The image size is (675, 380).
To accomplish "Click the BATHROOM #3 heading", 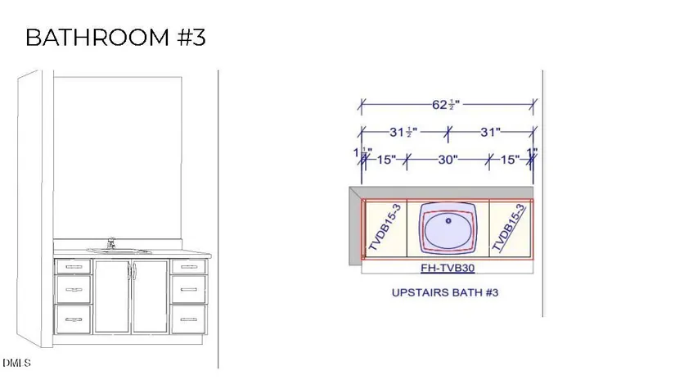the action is pyautogui.click(x=115, y=37).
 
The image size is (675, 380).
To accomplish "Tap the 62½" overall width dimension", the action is pyautogui.click(x=446, y=105).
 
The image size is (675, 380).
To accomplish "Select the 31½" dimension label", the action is pyautogui.click(x=403, y=132).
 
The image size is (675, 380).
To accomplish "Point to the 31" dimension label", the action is pyautogui.click(x=490, y=132).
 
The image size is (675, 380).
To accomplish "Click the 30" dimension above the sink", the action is pyautogui.click(x=448, y=160).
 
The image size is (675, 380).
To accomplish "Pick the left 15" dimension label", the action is pyautogui.click(x=386, y=160).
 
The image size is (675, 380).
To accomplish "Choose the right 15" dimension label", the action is pyautogui.click(x=510, y=160).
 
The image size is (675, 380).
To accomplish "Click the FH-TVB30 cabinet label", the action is pyautogui.click(x=448, y=268).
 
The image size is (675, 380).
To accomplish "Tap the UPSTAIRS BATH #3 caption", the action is pyautogui.click(x=445, y=292).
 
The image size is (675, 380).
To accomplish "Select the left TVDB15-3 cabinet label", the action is pyautogui.click(x=385, y=227).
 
